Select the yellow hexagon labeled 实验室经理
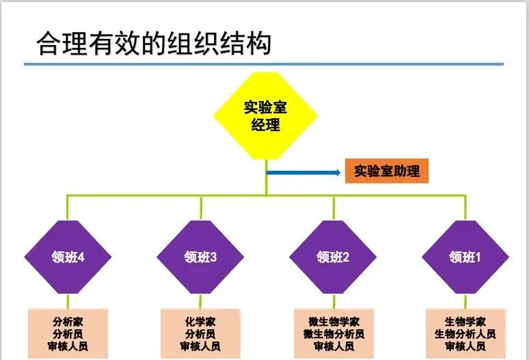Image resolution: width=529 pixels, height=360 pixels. (266, 115)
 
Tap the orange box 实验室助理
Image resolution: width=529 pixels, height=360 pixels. (387, 171)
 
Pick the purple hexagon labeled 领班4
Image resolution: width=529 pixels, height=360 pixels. (68, 257)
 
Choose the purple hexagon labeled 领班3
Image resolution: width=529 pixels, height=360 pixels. (200, 257)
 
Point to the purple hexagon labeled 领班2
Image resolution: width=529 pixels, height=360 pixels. (333, 257)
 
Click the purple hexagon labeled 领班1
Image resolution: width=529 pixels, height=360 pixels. (465, 257)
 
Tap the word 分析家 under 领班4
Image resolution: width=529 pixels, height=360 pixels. (68, 322)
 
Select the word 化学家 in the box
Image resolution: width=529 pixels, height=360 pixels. (200, 322)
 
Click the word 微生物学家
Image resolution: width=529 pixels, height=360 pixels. (333, 322)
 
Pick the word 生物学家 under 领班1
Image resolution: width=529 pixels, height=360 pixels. (465, 322)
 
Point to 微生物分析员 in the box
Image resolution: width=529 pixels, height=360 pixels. (333, 334)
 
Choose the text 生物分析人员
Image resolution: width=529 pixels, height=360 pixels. (465, 334)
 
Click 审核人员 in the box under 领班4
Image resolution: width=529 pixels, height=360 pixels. (68, 346)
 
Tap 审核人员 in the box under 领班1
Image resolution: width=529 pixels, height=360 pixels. (465, 346)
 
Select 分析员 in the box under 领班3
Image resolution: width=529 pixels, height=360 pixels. (200, 334)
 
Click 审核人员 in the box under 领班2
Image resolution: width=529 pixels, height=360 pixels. (333, 346)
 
